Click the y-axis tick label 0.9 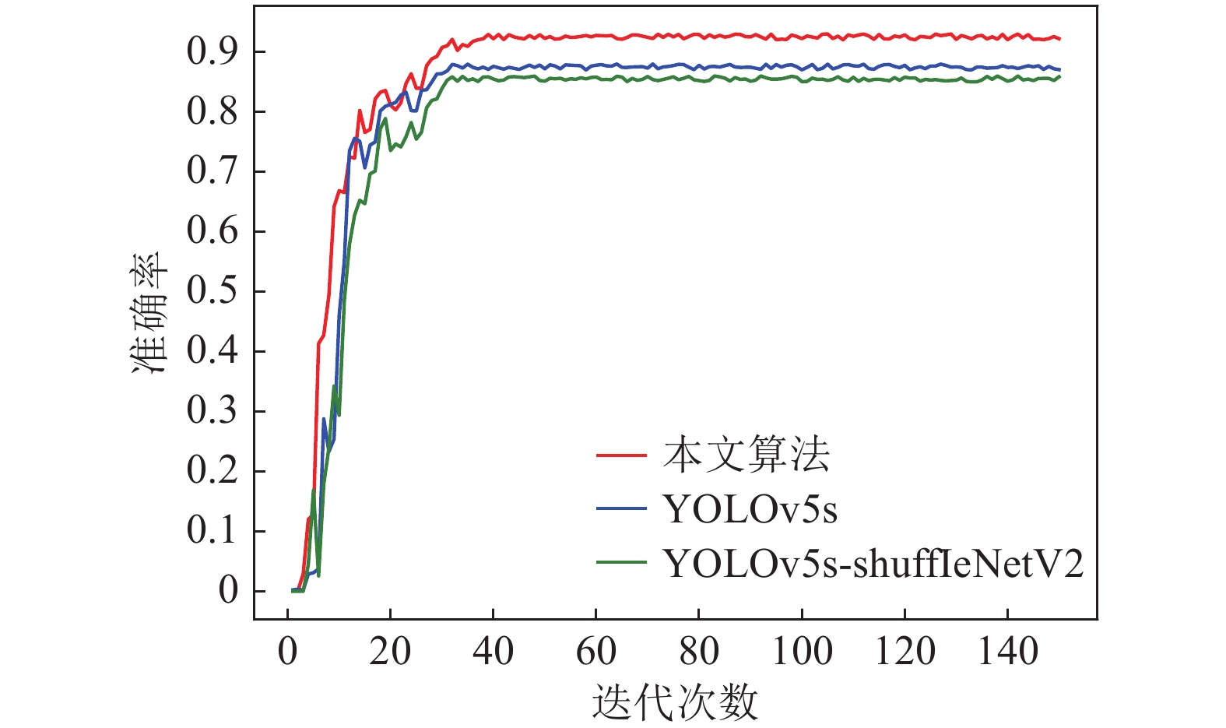[212, 51]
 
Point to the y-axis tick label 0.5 [212, 291]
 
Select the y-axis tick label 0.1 [212, 531]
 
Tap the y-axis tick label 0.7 [212, 171]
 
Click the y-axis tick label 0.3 [212, 411]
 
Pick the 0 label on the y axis [228, 591]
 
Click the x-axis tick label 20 [390, 652]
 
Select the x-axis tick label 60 [595, 652]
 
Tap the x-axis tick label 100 [802, 652]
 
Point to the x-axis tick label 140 [1007, 652]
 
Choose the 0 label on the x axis [288, 652]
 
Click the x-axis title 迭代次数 [675, 702]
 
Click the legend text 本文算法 [746, 455]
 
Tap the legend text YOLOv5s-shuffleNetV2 [873, 564]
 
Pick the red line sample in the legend [621, 455]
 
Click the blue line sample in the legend [621, 509]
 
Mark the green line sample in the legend [621, 563]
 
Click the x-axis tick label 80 [698, 652]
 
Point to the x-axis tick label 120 [905, 652]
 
